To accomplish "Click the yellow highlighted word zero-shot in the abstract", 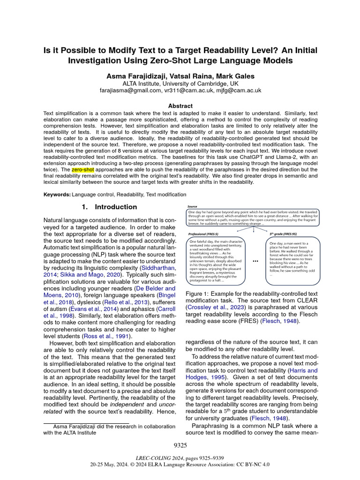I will [x=82, y=168].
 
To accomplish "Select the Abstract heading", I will [x=180, y=106].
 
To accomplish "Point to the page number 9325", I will [x=180, y=445].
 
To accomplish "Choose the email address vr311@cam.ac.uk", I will [x=187, y=90].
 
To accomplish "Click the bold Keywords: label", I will [x=57, y=195].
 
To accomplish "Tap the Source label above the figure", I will [x=192, y=206].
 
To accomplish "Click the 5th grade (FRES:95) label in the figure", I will [x=286, y=234].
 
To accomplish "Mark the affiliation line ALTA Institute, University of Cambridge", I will [x=180, y=83].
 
